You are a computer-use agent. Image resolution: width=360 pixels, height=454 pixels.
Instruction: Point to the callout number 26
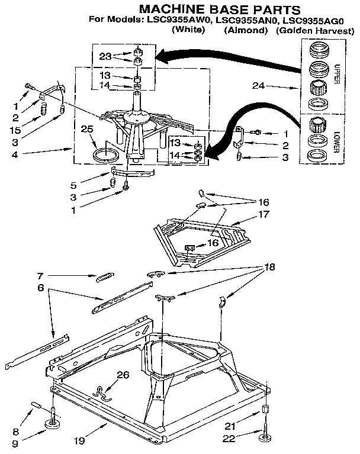pyautogui.click(x=122, y=373)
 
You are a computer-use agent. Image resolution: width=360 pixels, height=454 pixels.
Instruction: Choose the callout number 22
pyautogui.click(x=230, y=439)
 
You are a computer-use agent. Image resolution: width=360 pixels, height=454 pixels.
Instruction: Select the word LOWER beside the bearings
pyautogui.click(x=336, y=141)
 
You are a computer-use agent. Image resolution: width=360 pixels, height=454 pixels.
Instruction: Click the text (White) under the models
pyautogui.click(x=187, y=29)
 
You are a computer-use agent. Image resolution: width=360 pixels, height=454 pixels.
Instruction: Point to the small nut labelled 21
pyautogui.click(x=265, y=411)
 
